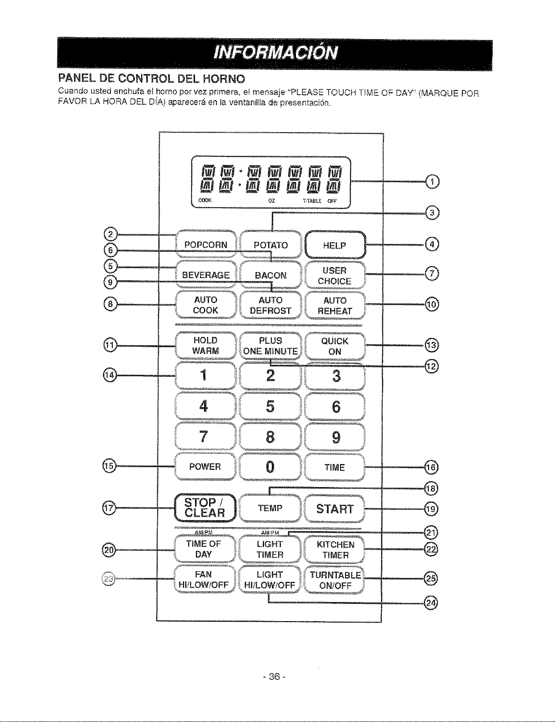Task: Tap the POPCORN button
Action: click(206, 244)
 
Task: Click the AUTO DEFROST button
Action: click(270, 305)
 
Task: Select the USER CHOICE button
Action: click(335, 275)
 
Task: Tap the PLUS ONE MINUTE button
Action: click(270, 346)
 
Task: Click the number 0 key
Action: click(270, 467)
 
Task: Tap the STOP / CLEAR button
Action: click(205, 508)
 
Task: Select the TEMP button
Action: click(270, 508)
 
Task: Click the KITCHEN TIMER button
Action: click(335, 549)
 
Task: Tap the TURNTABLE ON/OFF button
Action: click(335, 580)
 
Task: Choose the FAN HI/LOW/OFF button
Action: click(204, 579)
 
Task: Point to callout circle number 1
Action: click(432, 181)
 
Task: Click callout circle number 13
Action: click(432, 345)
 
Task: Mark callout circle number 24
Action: click(431, 602)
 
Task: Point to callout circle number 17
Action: click(109, 508)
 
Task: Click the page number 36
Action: click(275, 677)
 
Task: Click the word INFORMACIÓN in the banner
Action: click(276, 53)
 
